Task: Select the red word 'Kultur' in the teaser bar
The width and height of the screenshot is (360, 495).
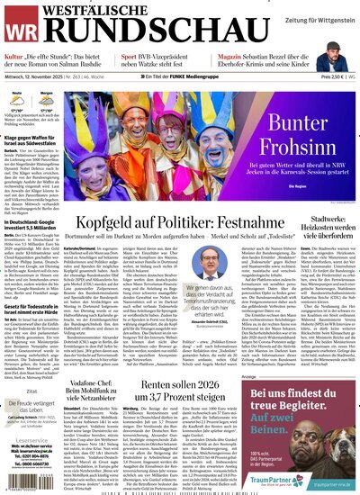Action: pos(13,56)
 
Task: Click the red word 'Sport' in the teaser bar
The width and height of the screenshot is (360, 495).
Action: pos(129,56)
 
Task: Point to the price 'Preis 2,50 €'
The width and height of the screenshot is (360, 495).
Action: pos(315,77)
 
